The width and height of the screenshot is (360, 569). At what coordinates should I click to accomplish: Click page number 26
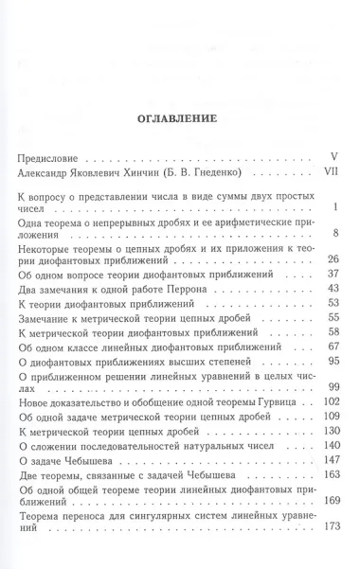(x=333, y=258)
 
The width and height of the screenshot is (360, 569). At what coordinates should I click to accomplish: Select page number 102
(x=330, y=404)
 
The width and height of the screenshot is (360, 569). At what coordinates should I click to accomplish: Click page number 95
(x=333, y=360)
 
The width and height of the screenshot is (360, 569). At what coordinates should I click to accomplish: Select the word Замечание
(x=52, y=319)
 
